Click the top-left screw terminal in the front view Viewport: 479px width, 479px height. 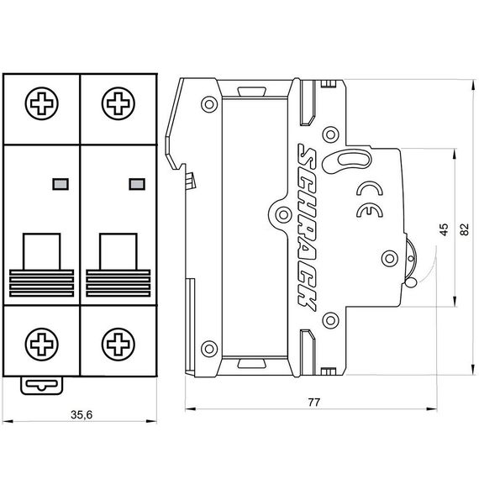(40, 107)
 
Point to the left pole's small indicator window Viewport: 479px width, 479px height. (60, 182)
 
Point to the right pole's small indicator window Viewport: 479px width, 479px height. (135, 182)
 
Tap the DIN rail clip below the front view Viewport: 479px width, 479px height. (41, 385)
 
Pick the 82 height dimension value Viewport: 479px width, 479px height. (464, 229)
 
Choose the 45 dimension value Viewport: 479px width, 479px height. (444, 229)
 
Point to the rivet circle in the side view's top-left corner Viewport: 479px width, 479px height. (206, 105)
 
